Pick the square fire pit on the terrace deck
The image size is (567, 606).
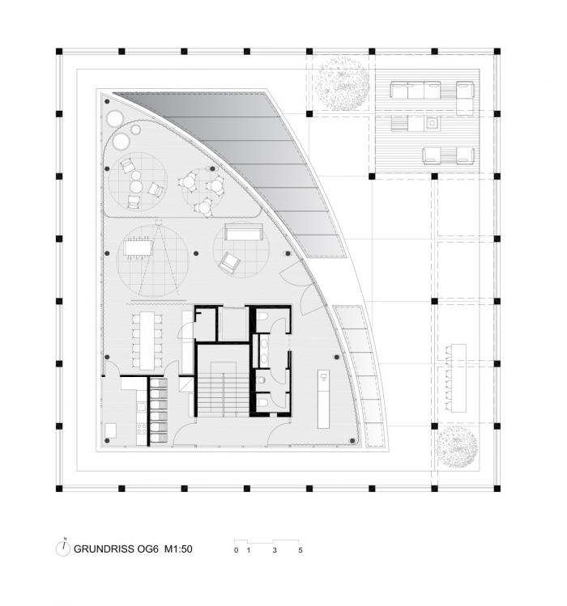(433, 124)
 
